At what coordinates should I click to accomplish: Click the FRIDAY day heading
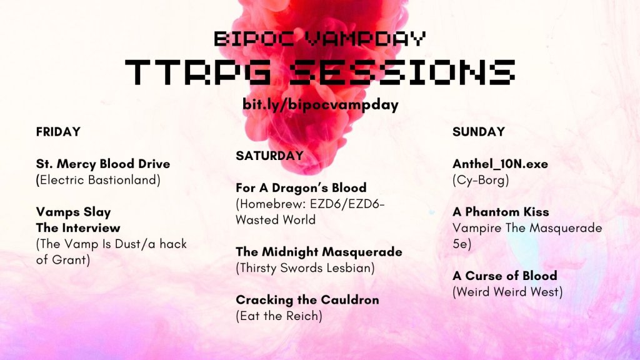[x=58, y=132]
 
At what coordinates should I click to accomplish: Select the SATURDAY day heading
[x=269, y=156]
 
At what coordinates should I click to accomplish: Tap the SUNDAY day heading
[x=479, y=132]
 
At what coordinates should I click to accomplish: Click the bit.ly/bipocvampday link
[x=321, y=104]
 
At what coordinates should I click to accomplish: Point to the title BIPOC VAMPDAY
[x=320, y=39]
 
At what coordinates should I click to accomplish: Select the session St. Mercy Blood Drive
[x=103, y=164]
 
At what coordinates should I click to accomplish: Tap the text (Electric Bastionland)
[x=98, y=180]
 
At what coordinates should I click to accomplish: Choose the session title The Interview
[x=78, y=227]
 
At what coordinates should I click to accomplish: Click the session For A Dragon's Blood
[x=301, y=187]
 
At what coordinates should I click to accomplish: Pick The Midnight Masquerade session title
[x=319, y=252]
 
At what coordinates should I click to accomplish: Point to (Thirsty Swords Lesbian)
[x=305, y=268]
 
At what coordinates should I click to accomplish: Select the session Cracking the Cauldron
[x=307, y=300]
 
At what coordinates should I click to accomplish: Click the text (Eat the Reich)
[x=279, y=316]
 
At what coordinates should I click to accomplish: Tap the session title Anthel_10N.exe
[x=501, y=164]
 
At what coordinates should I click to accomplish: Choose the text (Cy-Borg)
[x=481, y=180]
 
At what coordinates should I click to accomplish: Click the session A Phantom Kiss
[x=501, y=212]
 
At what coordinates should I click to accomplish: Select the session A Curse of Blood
[x=505, y=276]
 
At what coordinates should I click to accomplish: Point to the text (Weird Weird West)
[x=507, y=292]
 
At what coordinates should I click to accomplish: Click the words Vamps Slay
[x=74, y=212]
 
